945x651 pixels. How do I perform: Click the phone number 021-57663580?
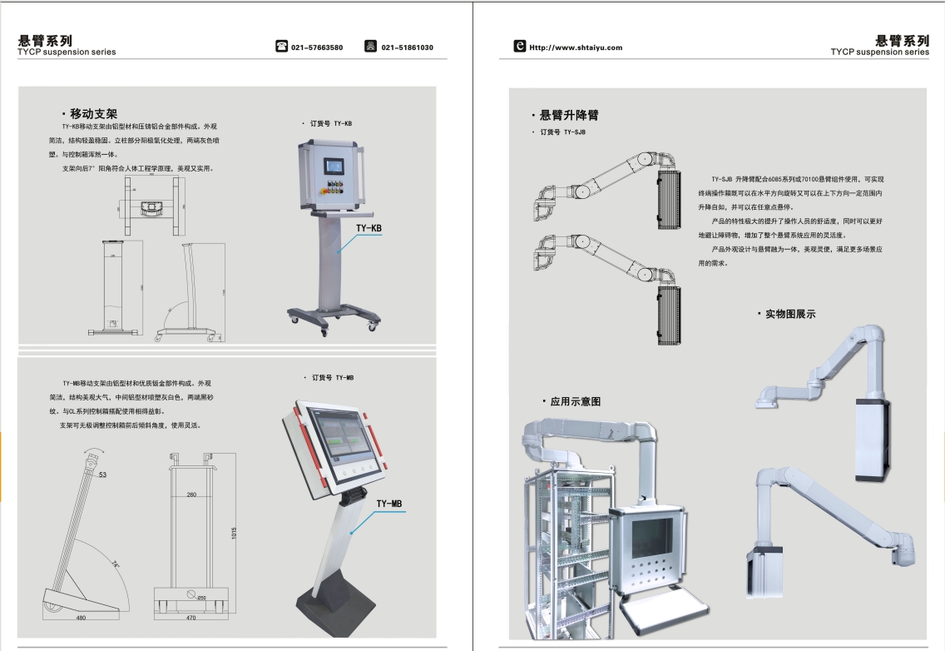tap(316, 47)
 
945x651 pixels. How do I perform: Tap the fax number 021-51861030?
tap(407, 47)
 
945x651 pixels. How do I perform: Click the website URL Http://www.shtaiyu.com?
tap(576, 47)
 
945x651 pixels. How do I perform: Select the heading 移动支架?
tap(93, 113)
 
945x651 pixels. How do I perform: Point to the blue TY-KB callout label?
tap(369, 227)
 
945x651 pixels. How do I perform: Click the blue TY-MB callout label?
tap(388, 504)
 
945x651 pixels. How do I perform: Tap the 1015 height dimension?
tap(235, 532)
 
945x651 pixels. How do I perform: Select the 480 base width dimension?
tap(81, 618)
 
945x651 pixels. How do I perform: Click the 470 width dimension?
tap(190, 618)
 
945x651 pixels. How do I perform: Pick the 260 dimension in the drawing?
tap(191, 494)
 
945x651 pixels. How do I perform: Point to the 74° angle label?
tap(116, 564)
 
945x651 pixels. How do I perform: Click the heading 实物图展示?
tap(789, 314)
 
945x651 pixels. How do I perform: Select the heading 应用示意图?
tap(575, 401)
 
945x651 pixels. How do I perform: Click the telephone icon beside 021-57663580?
tap(281, 47)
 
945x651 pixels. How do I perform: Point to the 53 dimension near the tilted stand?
tap(103, 475)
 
